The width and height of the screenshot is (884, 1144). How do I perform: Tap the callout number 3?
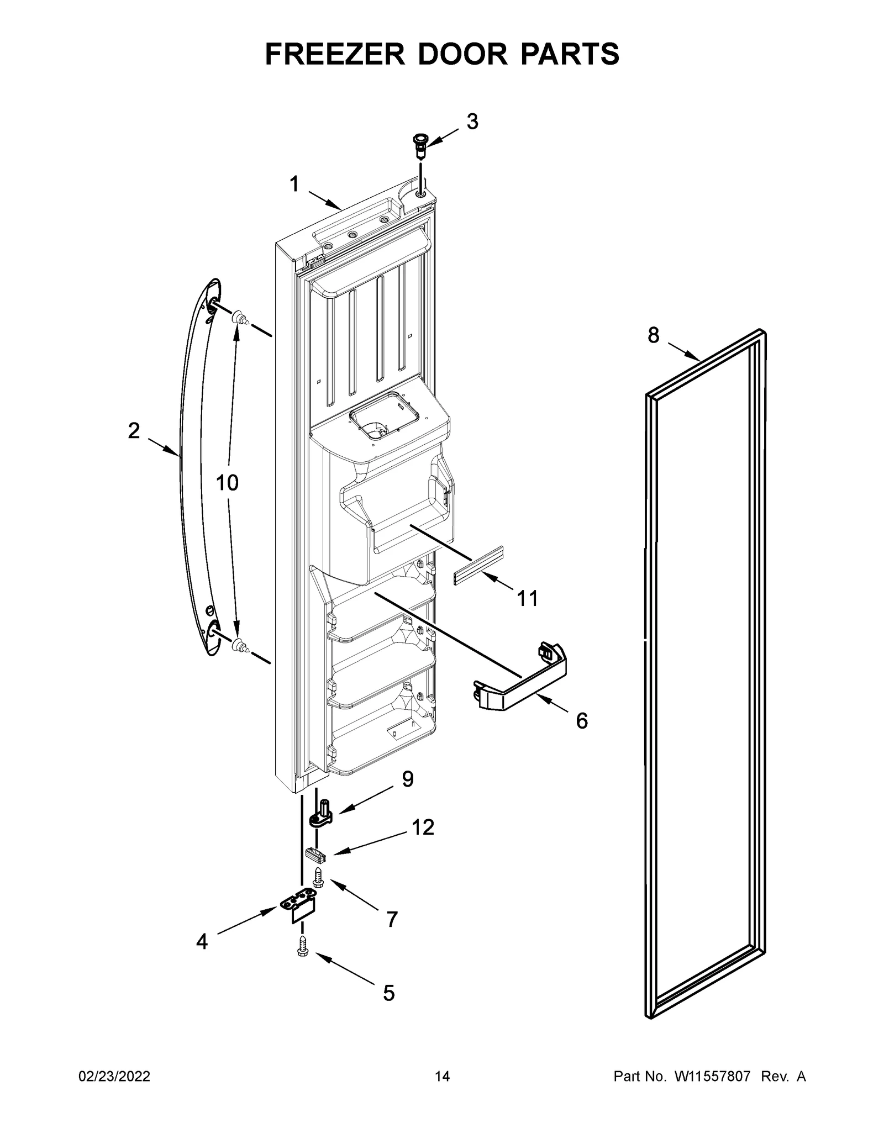(x=472, y=122)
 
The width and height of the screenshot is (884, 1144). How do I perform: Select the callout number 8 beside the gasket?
(x=654, y=335)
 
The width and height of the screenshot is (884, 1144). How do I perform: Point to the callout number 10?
(x=227, y=483)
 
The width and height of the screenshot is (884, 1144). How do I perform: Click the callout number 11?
(x=527, y=598)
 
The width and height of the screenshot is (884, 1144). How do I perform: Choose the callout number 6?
(x=582, y=720)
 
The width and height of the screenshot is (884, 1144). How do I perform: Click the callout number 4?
(x=202, y=941)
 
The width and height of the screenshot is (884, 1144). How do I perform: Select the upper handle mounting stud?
(x=239, y=317)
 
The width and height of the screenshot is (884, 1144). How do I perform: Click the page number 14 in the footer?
(x=442, y=1077)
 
